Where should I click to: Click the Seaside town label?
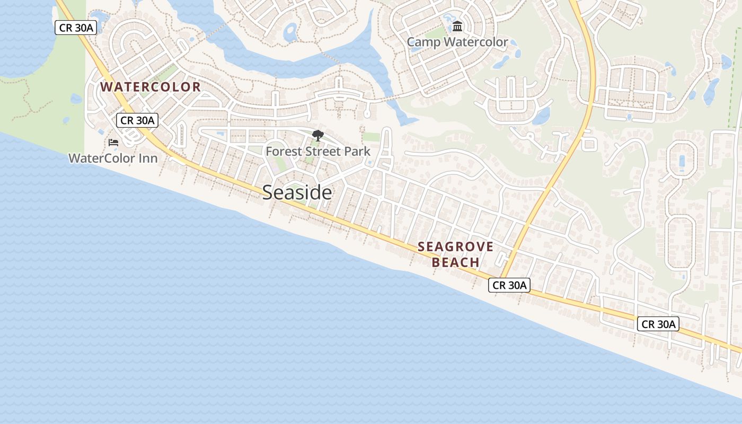(297, 192)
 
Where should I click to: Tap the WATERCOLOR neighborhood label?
(151, 87)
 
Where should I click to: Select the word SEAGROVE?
(455, 246)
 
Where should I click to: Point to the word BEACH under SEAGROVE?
(455, 262)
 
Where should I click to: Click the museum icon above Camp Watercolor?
(457, 26)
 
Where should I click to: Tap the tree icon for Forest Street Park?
(318, 136)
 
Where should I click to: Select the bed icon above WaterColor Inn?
(113, 143)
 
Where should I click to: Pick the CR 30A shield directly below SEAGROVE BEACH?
(509, 285)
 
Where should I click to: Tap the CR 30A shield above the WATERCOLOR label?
(76, 28)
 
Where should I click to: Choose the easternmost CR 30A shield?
(658, 324)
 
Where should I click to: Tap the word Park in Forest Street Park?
(357, 152)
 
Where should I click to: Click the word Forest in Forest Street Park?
(282, 152)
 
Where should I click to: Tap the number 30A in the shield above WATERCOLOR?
(84, 28)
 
